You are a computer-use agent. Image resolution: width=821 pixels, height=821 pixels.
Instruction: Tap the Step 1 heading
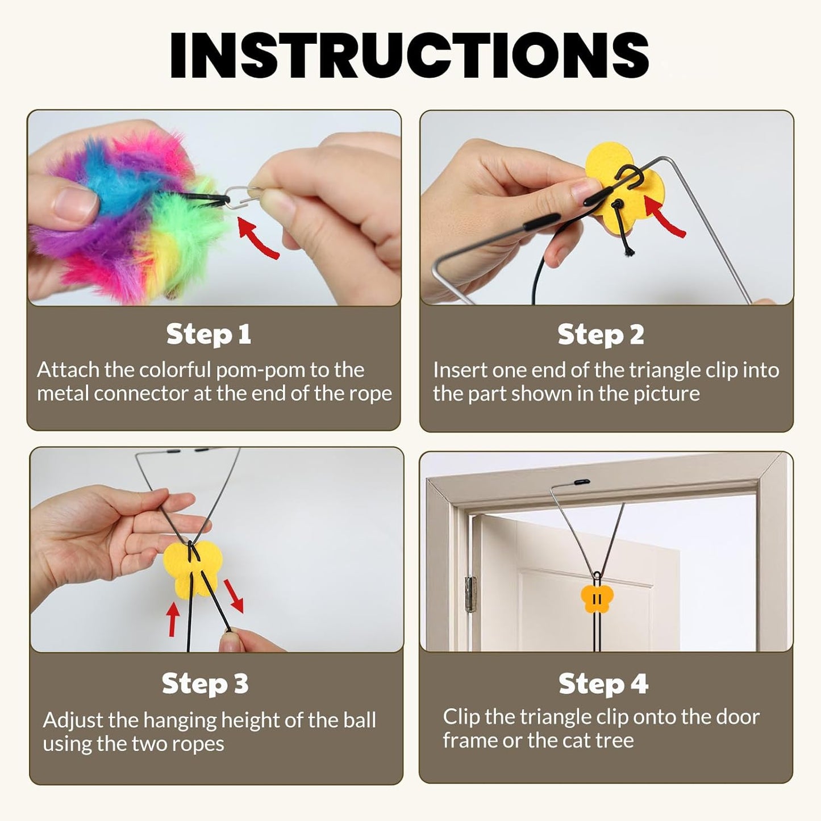pos(209,334)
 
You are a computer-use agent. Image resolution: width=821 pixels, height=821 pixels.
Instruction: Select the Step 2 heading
pos(601,334)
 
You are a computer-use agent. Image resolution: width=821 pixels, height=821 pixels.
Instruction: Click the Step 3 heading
pos(205,684)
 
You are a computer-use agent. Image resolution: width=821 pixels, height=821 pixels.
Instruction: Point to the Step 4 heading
pos(603,684)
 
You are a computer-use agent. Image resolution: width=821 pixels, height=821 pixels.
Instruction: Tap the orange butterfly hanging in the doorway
pos(596,599)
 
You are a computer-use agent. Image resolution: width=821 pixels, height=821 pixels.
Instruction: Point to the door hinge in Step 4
pos(470,594)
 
